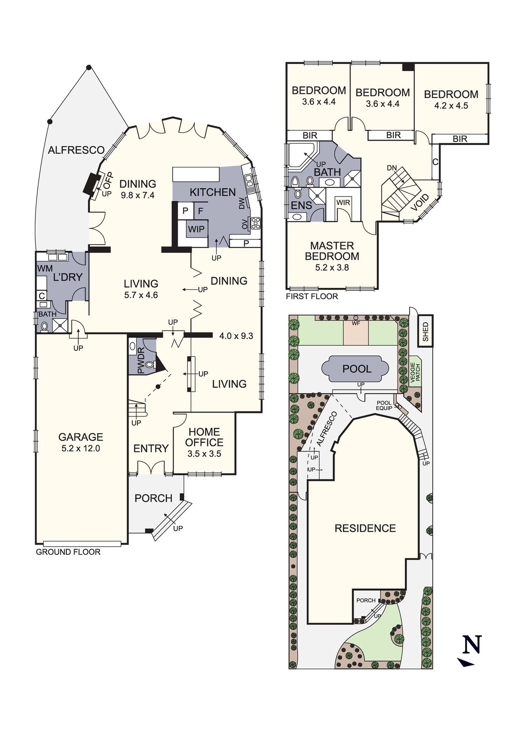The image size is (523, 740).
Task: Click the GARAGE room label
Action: tap(81, 437)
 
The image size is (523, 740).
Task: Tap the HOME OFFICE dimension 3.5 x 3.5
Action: tap(204, 454)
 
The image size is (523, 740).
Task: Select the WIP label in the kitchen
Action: tap(196, 229)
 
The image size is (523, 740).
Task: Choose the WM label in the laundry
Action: tap(45, 269)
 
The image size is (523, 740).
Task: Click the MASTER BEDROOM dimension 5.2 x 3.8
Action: tap(332, 268)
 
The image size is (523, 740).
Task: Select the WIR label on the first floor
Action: tap(343, 203)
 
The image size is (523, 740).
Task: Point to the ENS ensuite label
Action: tap(302, 205)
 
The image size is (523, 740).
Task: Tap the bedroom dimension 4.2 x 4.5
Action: tap(451, 106)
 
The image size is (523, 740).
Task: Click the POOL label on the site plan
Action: tap(357, 369)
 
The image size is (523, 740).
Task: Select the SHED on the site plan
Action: tap(425, 332)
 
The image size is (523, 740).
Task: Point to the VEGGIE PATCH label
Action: tap(415, 371)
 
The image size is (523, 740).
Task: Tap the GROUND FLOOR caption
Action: tap(68, 552)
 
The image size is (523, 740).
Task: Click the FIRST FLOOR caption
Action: tap(312, 296)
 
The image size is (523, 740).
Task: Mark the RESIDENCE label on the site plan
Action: tap(365, 528)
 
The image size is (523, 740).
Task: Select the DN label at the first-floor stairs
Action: tap(392, 168)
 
